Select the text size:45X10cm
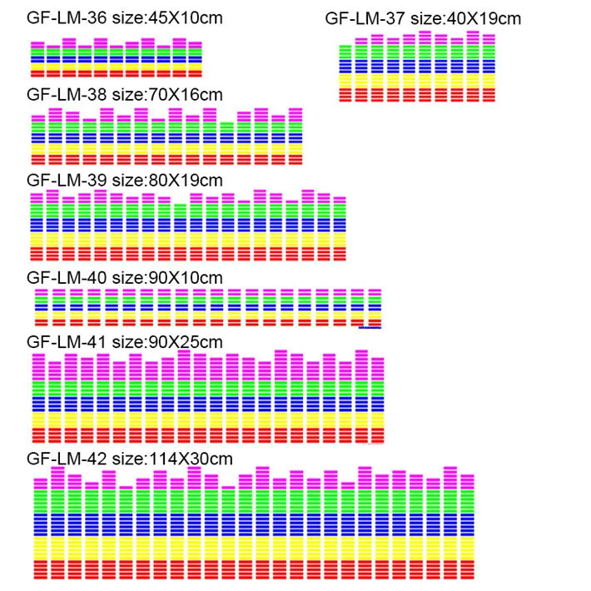167,17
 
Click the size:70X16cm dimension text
167,94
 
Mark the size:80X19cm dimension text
167,179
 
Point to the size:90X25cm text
167,341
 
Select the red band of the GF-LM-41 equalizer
208,436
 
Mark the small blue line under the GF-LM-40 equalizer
370,329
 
